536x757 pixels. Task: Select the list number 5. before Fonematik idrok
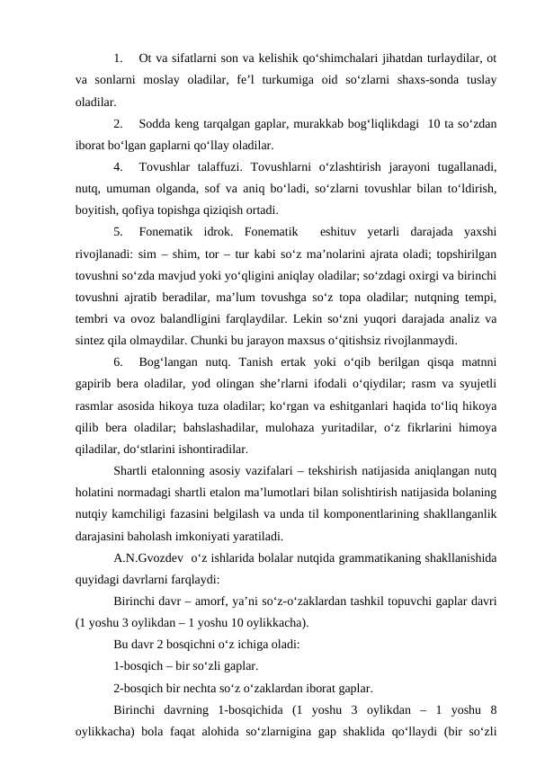120,229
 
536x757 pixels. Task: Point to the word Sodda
158,124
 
